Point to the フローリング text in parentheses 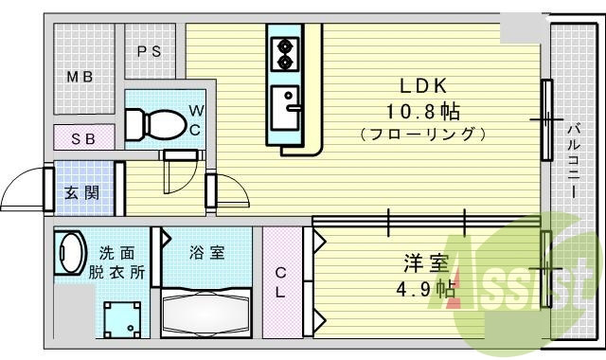coord(422,135)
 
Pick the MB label coord(80,77)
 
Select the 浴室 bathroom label coord(206,253)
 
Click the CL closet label coord(281,281)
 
